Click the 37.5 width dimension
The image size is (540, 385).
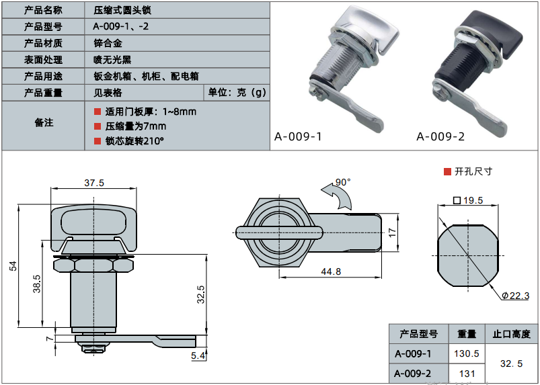coord(94,183)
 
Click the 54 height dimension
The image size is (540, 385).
coord(13,267)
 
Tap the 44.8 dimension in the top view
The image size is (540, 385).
coord(330,271)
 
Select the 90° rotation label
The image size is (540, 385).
coord(343,182)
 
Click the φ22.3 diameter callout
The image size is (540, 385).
coord(515,296)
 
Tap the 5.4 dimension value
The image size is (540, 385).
coord(197,355)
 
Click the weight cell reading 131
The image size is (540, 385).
coord(467,374)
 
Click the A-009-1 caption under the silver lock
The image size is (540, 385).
coord(297,137)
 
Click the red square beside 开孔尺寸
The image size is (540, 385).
coord(447,171)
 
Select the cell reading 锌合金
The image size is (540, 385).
coord(108,43)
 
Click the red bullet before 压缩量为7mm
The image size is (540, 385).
coord(97,126)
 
